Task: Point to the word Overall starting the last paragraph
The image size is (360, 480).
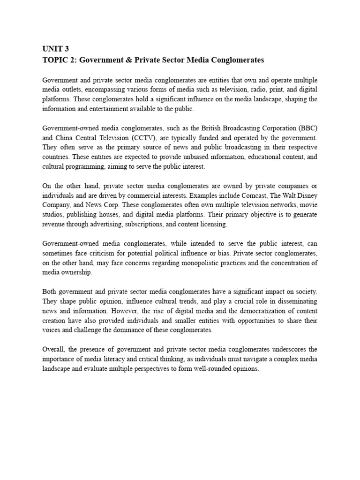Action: [53, 350]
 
